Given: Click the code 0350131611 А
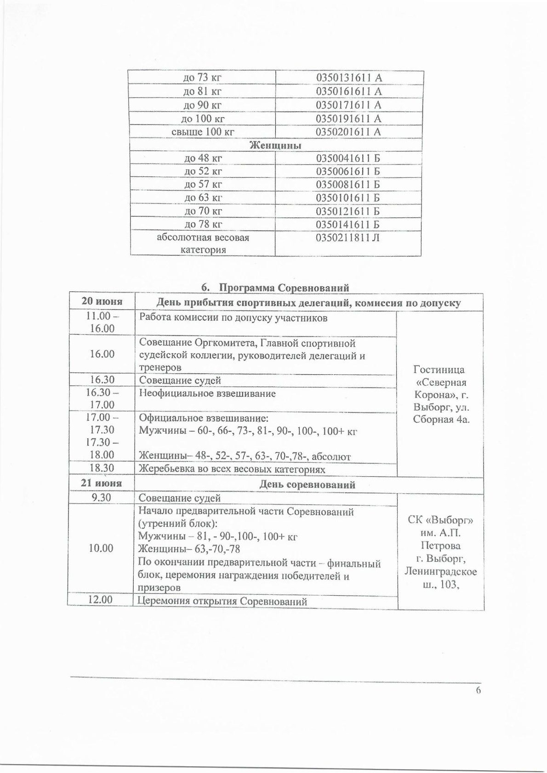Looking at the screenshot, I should click(349, 78).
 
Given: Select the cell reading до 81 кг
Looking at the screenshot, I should click(202, 91).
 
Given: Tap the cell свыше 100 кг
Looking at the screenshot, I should click(203, 132).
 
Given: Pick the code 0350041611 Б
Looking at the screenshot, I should click(349, 158).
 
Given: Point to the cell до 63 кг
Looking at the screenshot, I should click(203, 198).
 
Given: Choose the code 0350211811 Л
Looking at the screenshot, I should click(348, 238).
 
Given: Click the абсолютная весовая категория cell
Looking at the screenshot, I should click(203, 244).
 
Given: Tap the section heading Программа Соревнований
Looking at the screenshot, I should click(284, 288).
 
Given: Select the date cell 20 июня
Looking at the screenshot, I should click(102, 302).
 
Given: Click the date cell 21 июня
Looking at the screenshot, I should click(101, 484).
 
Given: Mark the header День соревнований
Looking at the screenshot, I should click(308, 485).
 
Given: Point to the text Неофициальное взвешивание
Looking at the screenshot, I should click(207, 394).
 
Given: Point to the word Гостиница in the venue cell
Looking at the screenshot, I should click(439, 370).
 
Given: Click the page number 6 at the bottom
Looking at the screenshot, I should click(478, 703).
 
